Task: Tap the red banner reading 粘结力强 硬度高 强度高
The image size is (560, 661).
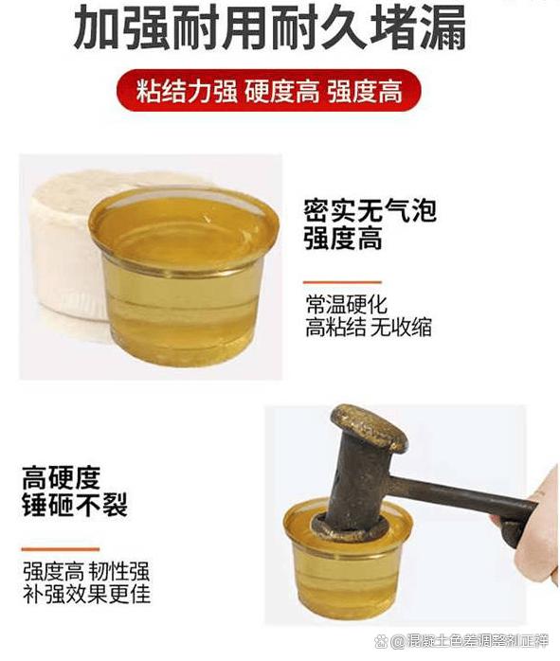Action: [x=268, y=93]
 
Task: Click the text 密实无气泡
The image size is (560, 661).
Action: [x=370, y=210]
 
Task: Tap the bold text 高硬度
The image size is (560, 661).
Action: [x=62, y=477]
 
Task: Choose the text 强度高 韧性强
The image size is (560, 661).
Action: [x=86, y=572]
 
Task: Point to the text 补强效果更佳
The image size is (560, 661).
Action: [x=86, y=596]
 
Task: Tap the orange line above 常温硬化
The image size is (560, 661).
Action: [x=342, y=282]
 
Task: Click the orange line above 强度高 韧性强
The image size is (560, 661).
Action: [x=61, y=548]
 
